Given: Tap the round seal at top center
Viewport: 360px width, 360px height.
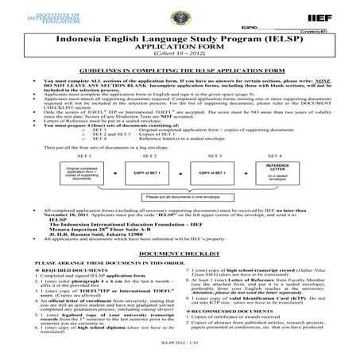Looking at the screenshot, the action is [x=180, y=14].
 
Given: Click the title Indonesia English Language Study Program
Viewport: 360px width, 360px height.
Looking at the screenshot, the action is [x=180, y=37].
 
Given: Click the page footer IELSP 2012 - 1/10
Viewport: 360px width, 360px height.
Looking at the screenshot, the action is [x=180, y=350].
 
